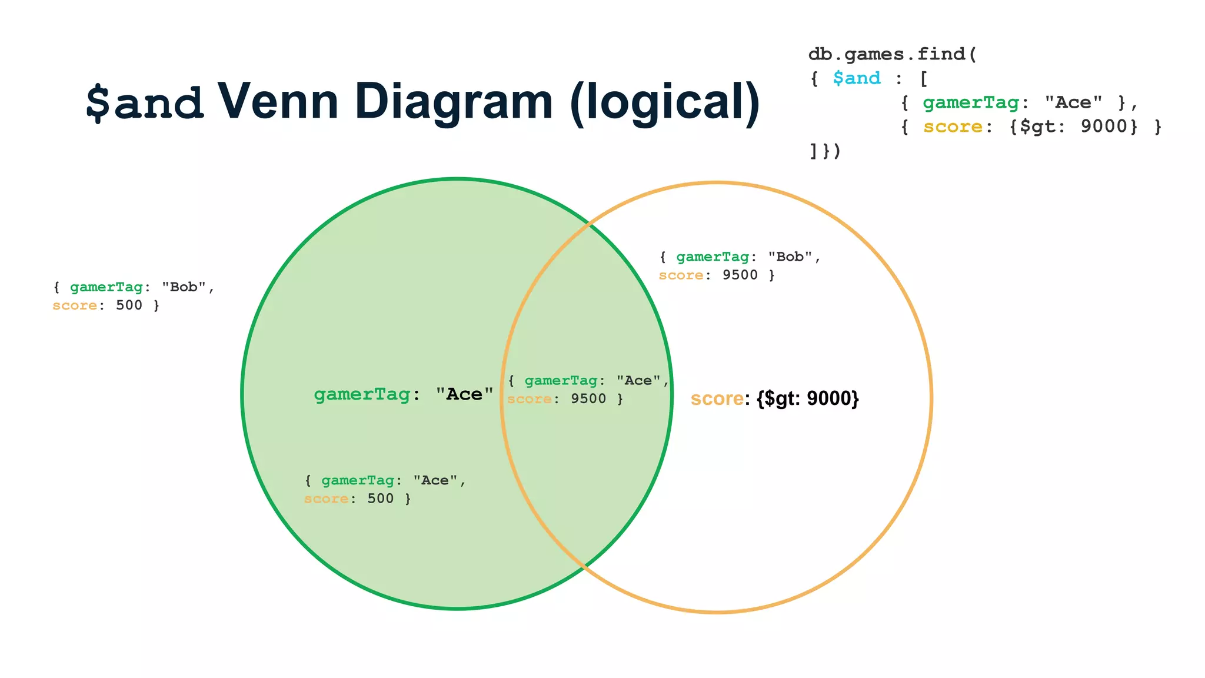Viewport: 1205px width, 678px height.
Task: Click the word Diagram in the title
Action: (454, 101)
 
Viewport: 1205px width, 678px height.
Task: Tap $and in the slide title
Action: (145, 102)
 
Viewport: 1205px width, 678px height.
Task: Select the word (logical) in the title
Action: (665, 102)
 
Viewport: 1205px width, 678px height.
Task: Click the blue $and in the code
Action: (857, 78)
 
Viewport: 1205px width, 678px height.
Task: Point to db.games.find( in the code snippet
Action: (892, 54)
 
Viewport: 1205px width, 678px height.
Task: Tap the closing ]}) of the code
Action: (825, 151)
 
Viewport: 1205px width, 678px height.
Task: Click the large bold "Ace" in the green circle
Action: (464, 394)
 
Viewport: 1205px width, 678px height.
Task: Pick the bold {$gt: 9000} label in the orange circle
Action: (808, 398)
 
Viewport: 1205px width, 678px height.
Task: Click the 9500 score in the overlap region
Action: (588, 398)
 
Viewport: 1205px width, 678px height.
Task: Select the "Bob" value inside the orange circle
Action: (790, 257)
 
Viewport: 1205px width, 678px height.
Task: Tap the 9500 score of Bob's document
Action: (740, 275)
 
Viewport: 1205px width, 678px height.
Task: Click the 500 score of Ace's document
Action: (380, 498)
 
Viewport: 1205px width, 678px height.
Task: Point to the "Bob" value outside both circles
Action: (184, 287)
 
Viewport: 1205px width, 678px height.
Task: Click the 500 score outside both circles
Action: (129, 305)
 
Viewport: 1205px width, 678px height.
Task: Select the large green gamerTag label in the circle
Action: (362, 394)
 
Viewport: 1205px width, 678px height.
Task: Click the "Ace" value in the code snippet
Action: (1073, 102)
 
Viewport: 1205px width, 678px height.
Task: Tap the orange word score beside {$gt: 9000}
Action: (717, 398)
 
